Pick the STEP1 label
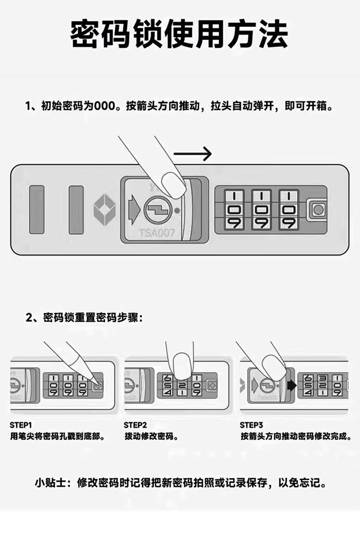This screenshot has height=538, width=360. [21, 425]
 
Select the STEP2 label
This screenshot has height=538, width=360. [135, 425]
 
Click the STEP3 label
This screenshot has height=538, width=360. [252, 425]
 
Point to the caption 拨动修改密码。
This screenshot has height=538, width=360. [151, 436]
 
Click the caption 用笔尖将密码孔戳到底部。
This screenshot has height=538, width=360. [58, 436]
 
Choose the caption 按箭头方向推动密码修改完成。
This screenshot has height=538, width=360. [296, 436]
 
